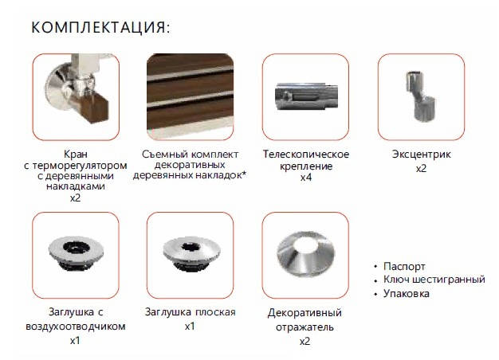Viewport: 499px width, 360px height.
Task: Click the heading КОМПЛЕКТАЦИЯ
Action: pos(100,27)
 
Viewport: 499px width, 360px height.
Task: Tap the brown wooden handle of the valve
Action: pos(96,108)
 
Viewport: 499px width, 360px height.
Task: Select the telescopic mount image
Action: pos(306,96)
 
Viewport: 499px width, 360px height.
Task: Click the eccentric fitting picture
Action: pos(420,96)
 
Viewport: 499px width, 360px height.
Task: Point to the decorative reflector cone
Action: pos(306,254)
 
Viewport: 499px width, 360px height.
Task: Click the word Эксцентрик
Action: pos(421,155)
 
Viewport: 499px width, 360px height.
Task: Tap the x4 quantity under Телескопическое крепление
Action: pos(306,178)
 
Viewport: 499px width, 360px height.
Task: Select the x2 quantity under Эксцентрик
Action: pos(421,168)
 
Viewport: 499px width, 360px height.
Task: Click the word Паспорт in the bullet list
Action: pos(404,267)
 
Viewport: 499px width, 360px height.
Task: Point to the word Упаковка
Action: pos(406,293)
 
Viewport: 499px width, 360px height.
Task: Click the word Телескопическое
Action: pos(306,155)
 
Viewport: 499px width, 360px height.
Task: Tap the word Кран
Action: pos(76,155)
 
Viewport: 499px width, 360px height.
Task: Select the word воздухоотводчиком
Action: pos(76,327)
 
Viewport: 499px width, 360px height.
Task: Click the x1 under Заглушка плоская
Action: pos(190,327)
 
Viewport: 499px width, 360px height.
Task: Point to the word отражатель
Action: pos(305,327)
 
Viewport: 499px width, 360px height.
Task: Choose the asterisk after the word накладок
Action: pos(245,174)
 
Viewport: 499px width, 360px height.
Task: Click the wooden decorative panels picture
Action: pos(190,96)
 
